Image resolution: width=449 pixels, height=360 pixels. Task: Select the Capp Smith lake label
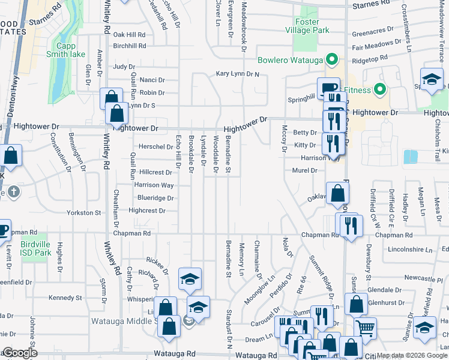click(70, 50)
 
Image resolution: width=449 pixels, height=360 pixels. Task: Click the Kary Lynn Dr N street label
click(238, 74)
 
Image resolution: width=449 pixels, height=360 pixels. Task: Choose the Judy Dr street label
click(124, 67)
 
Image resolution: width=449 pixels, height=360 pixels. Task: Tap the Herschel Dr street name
click(155, 146)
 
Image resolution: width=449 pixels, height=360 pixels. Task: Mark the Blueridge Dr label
click(155, 197)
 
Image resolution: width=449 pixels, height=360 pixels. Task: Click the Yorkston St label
click(83, 212)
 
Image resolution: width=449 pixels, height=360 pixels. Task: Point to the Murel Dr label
click(304, 170)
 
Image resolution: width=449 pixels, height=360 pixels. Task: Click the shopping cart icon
click(366, 328)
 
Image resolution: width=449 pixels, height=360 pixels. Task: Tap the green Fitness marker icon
click(379, 91)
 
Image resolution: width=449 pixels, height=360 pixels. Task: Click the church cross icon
click(14, 192)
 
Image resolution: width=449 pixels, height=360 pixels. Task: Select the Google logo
click(20, 353)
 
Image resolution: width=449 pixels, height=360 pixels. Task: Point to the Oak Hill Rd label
click(130, 35)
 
